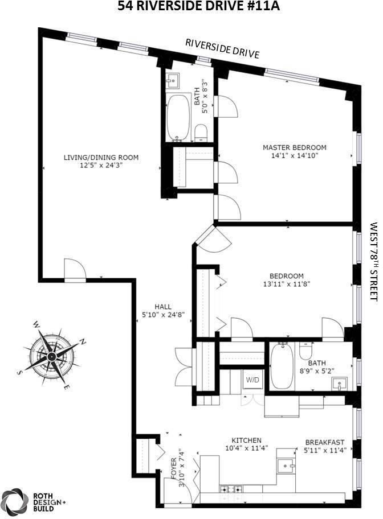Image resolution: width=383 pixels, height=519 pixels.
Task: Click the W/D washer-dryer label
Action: tap(251, 380)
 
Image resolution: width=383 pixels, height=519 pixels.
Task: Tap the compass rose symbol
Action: tap(52, 357)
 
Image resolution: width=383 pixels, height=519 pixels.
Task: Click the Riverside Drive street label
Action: tap(222, 49)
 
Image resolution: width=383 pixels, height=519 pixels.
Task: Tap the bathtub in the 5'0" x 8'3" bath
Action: tap(178, 118)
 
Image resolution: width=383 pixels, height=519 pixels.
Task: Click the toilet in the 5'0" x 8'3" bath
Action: tap(201, 133)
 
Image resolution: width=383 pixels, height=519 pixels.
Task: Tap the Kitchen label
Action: tap(246, 440)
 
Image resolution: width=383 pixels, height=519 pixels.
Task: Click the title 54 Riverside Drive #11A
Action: tap(191, 7)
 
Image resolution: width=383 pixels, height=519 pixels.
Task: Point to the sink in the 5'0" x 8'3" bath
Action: tap(173, 81)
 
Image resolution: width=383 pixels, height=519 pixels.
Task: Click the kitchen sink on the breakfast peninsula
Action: tap(285, 466)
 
